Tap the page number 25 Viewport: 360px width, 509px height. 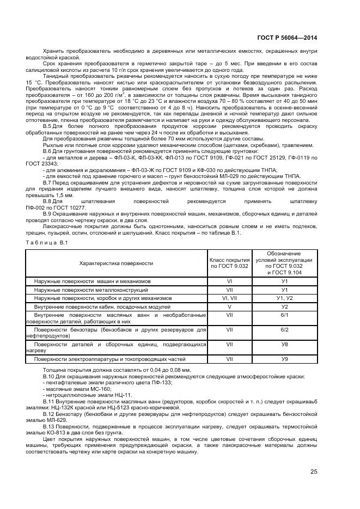coord(313,471)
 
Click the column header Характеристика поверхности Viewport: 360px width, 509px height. coord(116,263)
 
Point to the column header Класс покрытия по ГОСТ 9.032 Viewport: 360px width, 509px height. coord(229,263)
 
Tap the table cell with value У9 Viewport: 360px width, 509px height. coord(284,359)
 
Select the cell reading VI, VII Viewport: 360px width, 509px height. coord(229,298)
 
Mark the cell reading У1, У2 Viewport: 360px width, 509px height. coord(284,298)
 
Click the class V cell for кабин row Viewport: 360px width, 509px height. coord(229,307)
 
